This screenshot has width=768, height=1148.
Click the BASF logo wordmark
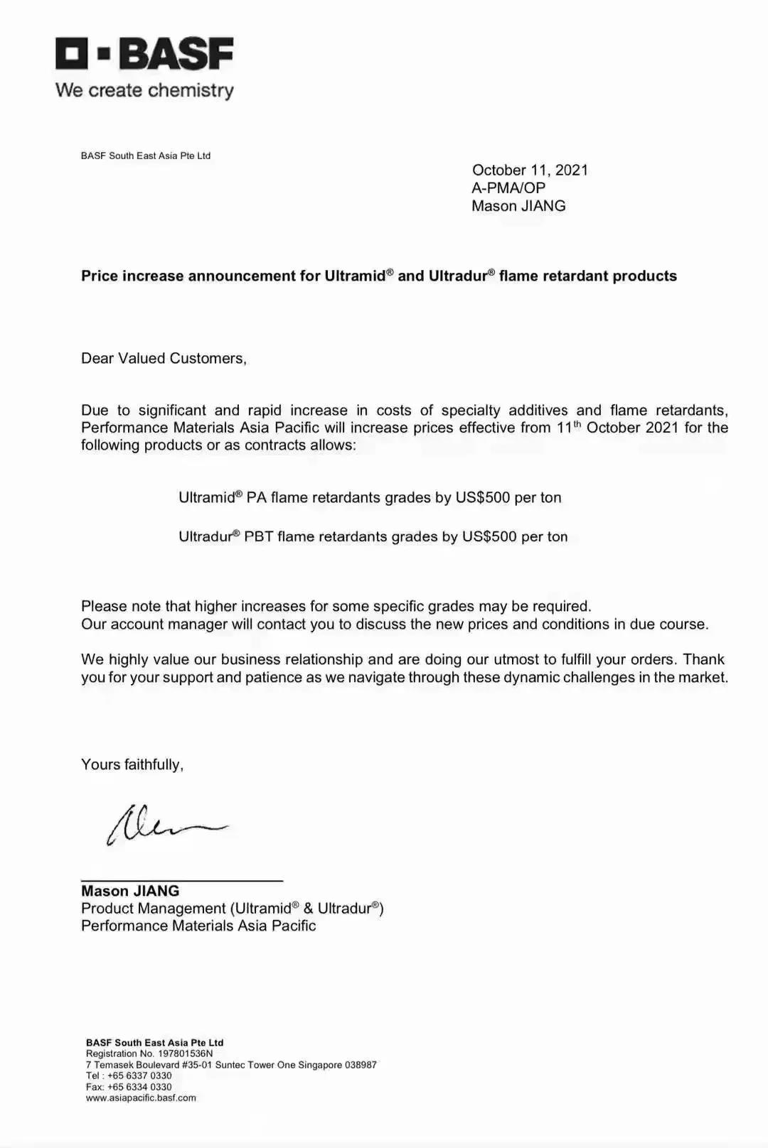144,54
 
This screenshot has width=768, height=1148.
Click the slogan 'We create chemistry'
144,90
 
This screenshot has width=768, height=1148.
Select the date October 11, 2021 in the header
530,170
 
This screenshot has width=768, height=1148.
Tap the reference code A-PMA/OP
508,188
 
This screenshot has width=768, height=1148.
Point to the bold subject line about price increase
378,276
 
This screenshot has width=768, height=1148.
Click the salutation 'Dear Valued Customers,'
164,358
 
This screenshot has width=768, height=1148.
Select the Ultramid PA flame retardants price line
370,497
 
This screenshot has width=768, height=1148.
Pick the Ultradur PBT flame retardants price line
373,536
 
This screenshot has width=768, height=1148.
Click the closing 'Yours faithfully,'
132,764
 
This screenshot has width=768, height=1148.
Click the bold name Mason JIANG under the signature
130,891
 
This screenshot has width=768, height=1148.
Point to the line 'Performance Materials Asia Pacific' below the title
198,926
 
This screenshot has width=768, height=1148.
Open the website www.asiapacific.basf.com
141,1098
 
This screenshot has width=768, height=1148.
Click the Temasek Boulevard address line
231,1065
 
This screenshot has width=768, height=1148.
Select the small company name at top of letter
146,156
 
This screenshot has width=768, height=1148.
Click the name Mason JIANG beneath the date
518,206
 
